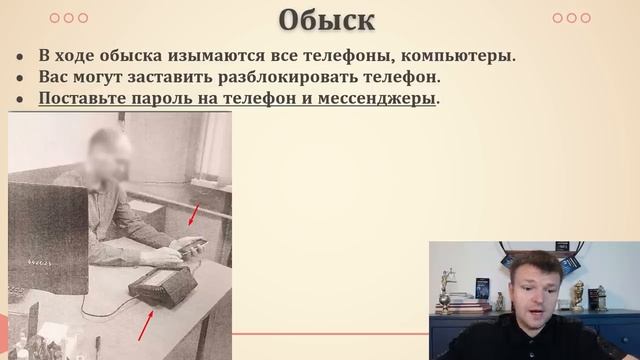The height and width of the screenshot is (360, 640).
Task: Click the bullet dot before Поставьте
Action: point(20,98)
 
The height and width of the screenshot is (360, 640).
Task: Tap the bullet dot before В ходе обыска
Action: point(20,56)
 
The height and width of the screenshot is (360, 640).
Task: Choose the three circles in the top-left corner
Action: point(68,18)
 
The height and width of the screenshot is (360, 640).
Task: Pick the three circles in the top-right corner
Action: point(571,18)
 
